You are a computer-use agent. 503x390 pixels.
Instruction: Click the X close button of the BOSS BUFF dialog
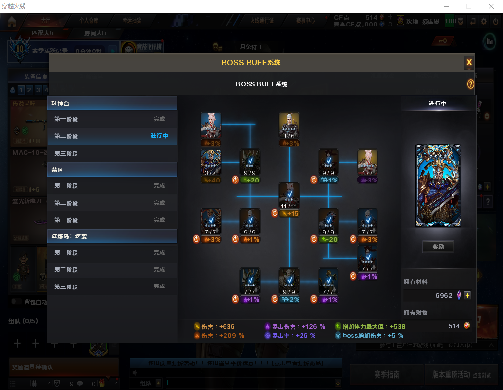[x=469, y=62]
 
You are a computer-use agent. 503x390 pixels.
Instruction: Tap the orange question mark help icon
[x=470, y=84]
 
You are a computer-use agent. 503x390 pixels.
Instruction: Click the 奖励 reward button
[x=438, y=247]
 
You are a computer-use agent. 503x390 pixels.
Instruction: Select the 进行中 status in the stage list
[x=159, y=136]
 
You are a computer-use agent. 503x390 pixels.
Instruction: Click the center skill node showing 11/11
[x=289, y=195]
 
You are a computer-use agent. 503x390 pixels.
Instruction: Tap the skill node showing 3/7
[x=210, y=162]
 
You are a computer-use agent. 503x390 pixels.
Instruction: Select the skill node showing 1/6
[x=289, y=126]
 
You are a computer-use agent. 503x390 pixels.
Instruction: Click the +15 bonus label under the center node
[x=292, y=213]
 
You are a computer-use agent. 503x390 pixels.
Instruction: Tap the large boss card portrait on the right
[x=438, y=185]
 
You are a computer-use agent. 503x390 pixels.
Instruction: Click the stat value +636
[x=226, y=326]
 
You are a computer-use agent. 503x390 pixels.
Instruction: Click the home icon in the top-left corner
[x=12, y=21]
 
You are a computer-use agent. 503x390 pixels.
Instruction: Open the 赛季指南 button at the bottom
[x=386, y=375]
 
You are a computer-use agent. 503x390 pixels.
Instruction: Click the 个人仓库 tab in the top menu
[x=89, y=21]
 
